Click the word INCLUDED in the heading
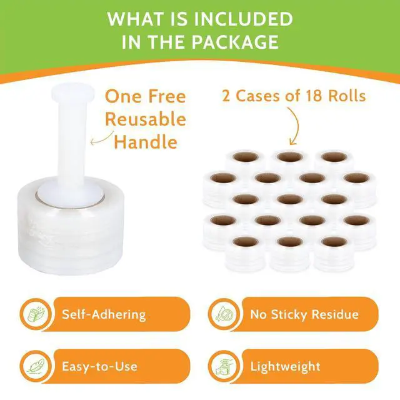click(241, 19)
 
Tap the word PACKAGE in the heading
click(235, 42)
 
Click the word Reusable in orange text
click(146, 119)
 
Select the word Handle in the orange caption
click(146, 142)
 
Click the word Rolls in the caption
click(347, 96)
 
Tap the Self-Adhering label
click(104, 314)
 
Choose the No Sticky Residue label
click(304, 314)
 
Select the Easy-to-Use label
click(100, 366)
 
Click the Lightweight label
click(285, 367)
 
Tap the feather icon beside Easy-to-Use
click(36, 366)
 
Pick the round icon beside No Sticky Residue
click(224, 314)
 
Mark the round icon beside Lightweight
click(224, 366)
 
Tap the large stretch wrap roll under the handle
click(71, 227)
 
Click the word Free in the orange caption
click(167, 96)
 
